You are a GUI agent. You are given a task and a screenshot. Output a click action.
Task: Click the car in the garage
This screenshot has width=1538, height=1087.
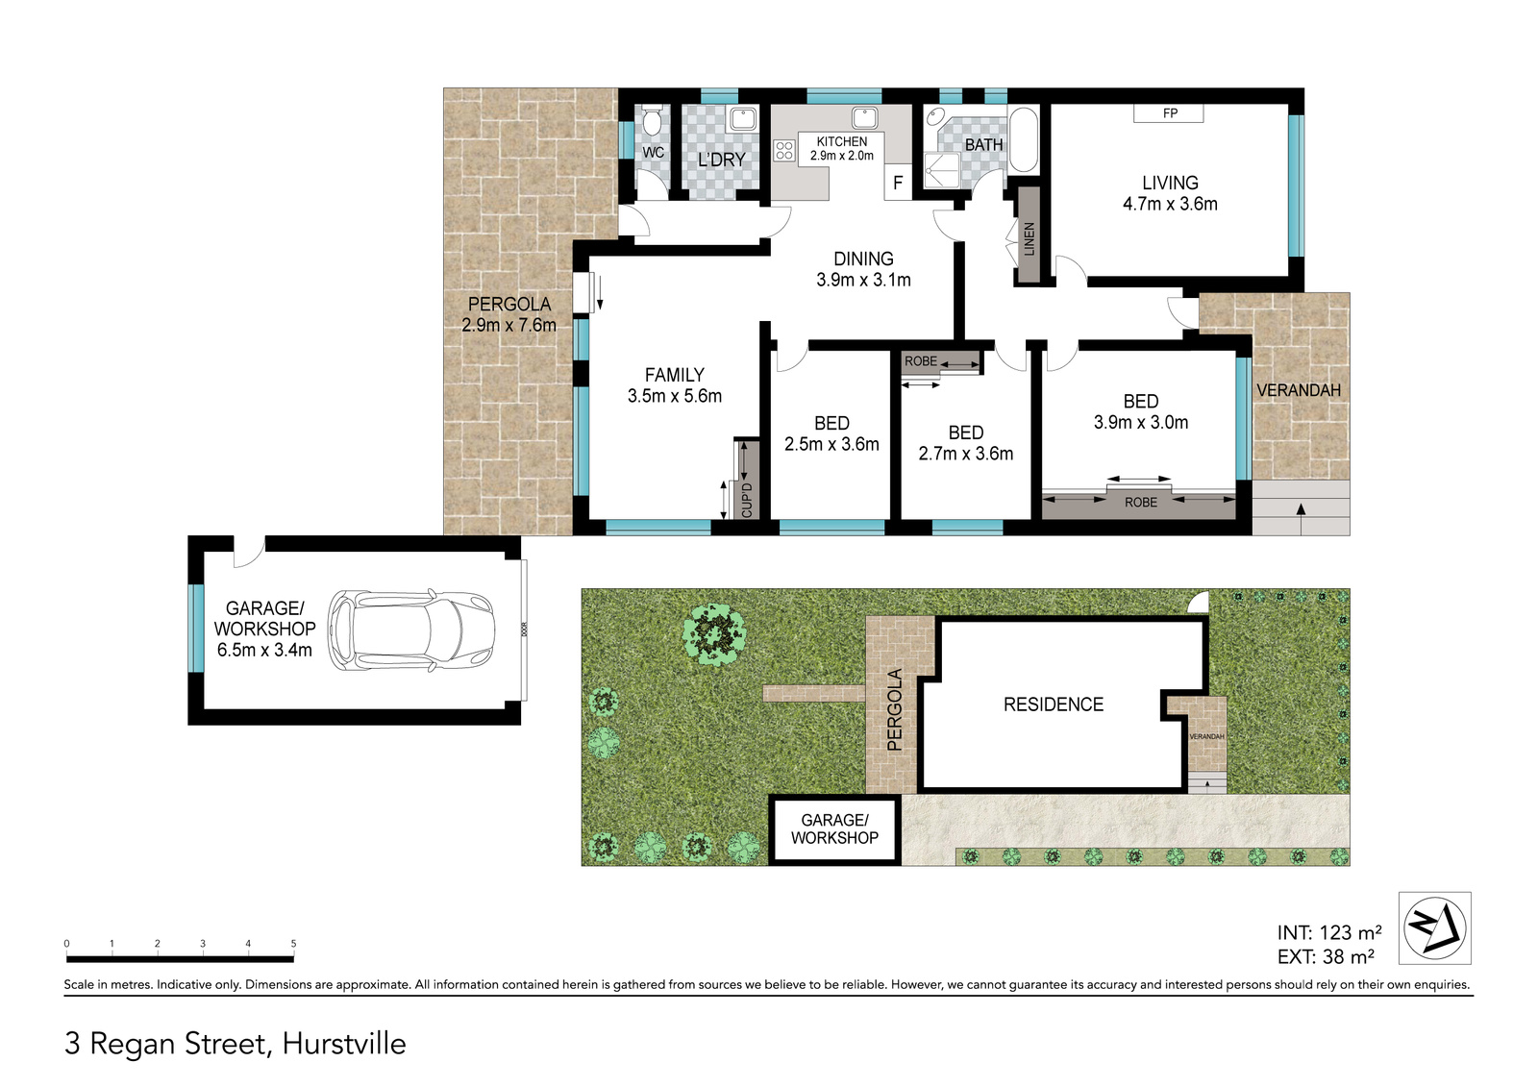411,630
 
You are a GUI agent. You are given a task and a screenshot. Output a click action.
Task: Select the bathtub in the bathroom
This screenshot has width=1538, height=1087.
1023,139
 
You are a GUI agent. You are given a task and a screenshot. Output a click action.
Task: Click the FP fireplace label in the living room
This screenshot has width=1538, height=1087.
1170,113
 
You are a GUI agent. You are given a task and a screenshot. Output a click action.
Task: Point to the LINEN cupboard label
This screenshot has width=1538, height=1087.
1029,239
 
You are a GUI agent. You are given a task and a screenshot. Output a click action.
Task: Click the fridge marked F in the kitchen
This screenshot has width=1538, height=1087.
898,183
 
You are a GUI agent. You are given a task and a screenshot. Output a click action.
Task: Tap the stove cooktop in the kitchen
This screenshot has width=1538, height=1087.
784,150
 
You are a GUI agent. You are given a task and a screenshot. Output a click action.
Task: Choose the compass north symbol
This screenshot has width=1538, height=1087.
1435,927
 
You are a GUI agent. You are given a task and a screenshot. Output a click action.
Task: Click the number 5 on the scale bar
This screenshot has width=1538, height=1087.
293,944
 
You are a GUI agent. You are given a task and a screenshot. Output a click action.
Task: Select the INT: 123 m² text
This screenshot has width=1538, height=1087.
1329,932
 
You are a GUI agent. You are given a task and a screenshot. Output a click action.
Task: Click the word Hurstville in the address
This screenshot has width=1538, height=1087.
344,1044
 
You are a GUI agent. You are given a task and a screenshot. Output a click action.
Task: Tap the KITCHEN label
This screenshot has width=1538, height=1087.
842,141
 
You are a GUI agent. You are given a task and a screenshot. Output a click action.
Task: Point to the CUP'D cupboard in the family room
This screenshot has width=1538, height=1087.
747,480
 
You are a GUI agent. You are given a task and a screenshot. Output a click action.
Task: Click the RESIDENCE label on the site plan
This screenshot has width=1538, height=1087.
1054,704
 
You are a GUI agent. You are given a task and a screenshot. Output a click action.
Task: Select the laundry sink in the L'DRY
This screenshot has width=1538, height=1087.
742,119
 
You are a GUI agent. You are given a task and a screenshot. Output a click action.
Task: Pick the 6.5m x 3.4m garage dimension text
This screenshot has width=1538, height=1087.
264,650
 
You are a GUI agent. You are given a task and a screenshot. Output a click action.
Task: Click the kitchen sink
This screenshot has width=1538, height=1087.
865,117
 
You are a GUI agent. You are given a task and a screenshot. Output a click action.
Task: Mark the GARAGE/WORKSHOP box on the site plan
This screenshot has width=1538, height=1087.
834,828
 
